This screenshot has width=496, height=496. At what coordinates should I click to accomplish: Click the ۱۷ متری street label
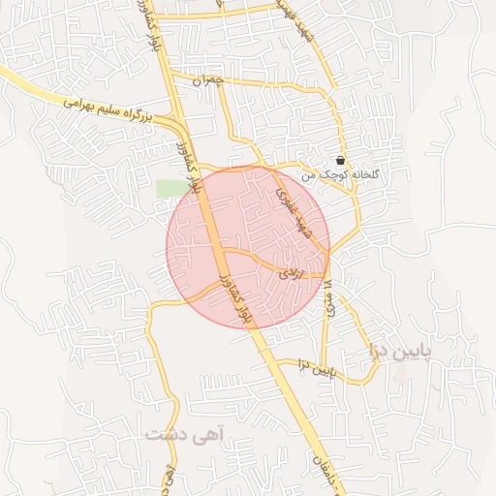[x=328, y=291]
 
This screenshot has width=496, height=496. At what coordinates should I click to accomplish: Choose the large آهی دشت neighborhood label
[x=184, y=435]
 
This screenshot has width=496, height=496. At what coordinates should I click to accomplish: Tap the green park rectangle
[x=170, y=188]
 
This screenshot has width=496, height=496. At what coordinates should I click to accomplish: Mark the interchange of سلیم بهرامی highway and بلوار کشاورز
[x=180, y=122]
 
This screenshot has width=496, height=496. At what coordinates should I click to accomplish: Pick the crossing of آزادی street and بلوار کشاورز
[x=220, y=250]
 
